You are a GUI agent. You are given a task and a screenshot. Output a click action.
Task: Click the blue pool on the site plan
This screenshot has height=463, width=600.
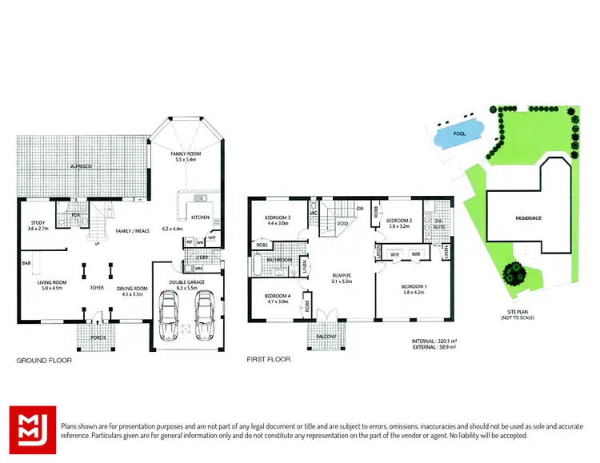point(459,138)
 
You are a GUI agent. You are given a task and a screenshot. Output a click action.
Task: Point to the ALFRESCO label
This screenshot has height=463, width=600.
point(82,166)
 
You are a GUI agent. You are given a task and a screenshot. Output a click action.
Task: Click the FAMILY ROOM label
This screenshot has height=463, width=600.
point(185,152)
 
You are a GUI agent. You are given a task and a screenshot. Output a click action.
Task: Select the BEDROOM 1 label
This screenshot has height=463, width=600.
point(414,285)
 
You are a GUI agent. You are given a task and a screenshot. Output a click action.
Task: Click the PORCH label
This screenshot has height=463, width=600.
point(98,337)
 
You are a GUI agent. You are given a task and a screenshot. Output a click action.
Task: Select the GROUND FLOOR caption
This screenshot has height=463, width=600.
point(45,361)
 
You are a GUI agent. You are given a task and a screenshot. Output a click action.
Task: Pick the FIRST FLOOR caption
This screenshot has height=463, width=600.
point(269,360)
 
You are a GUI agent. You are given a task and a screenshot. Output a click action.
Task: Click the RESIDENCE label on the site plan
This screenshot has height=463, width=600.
point(528,218)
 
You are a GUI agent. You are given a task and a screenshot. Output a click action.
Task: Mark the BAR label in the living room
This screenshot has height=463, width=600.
point(26,262)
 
